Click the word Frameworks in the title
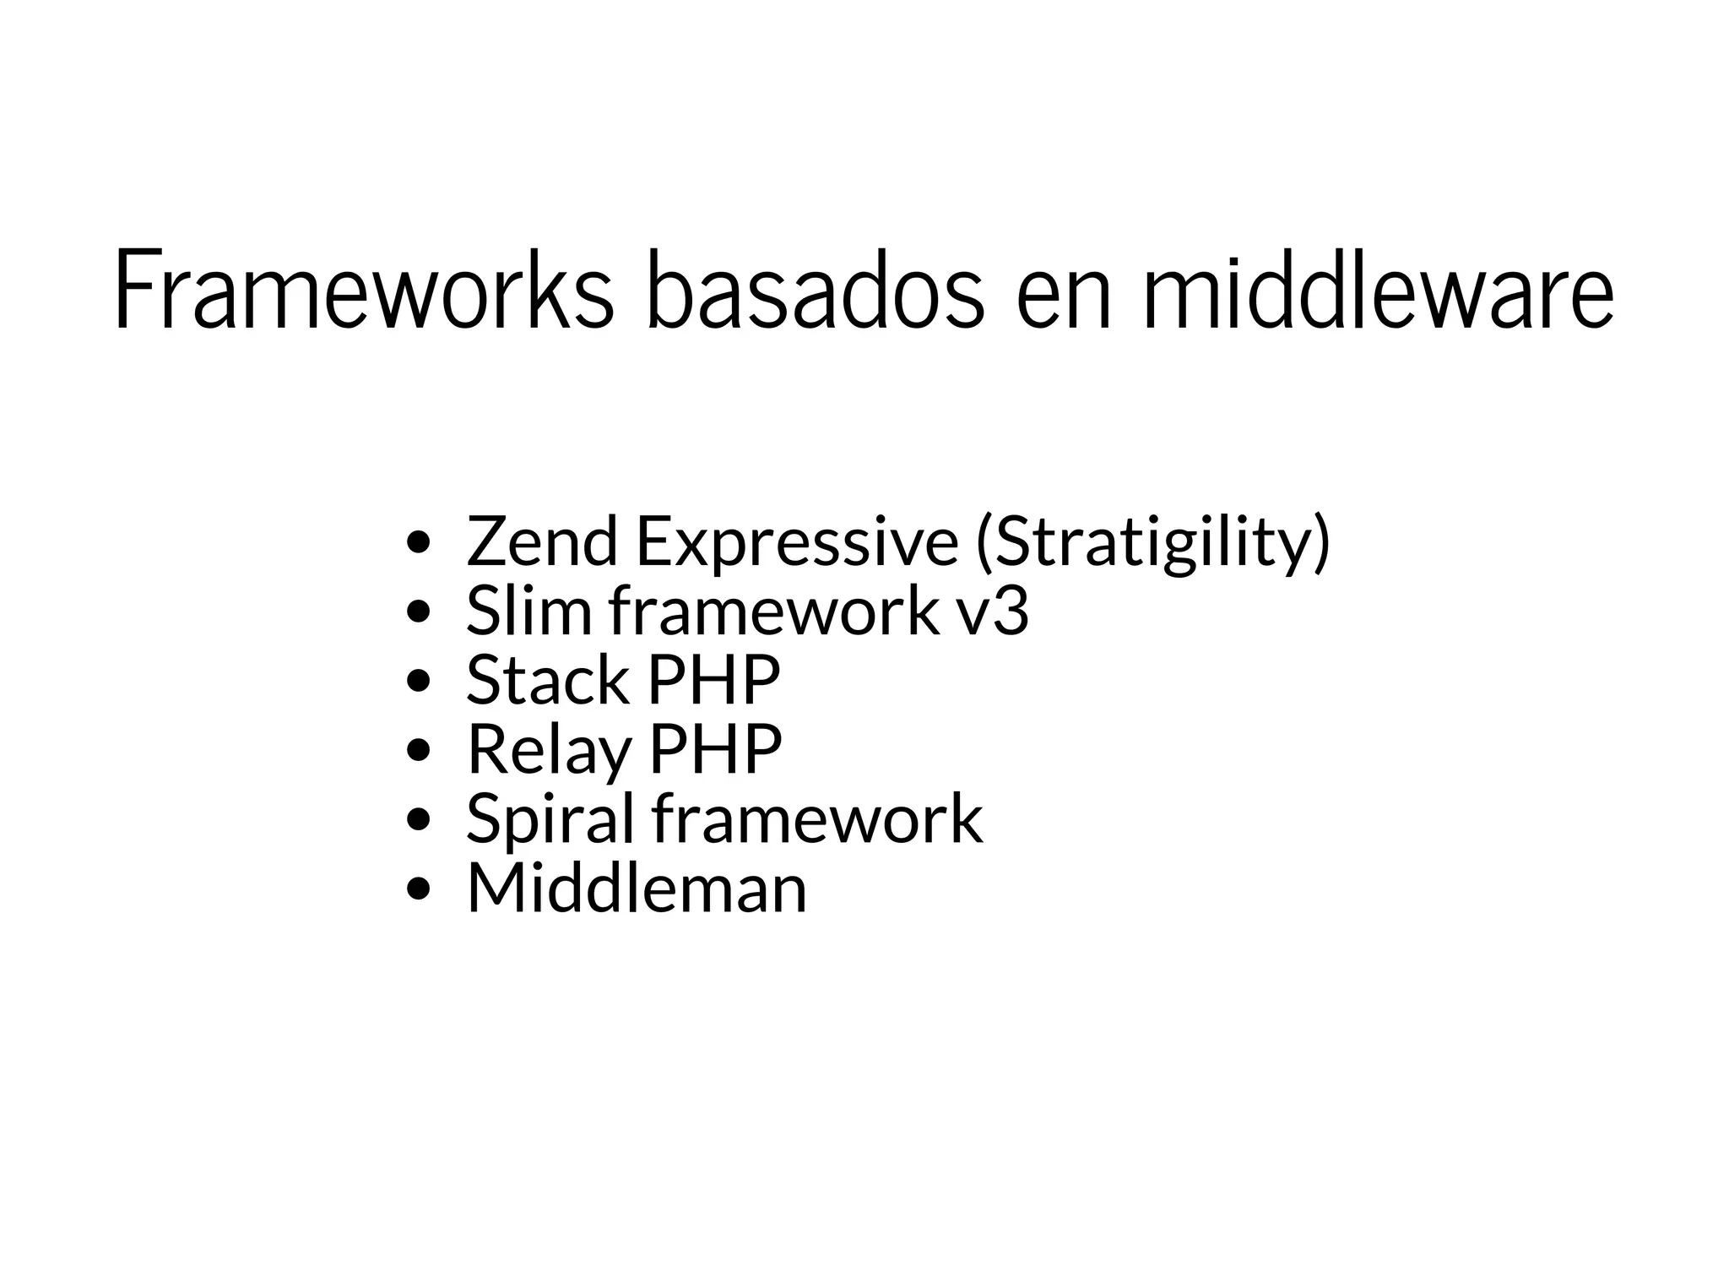(x=363, y=289)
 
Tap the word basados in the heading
(x=815, y=289)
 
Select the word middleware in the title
(x=1378, y=289)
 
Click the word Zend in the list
(x=541, y=541)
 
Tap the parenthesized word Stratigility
(x=1153, y=543)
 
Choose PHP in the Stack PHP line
(x=713, y=681)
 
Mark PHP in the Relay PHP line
(x=715, y=749)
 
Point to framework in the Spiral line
(x=817, y=818)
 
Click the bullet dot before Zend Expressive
(x=419, y=542)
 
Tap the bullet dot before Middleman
(x=419, y=889)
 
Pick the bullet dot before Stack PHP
(x=419, y=681)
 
